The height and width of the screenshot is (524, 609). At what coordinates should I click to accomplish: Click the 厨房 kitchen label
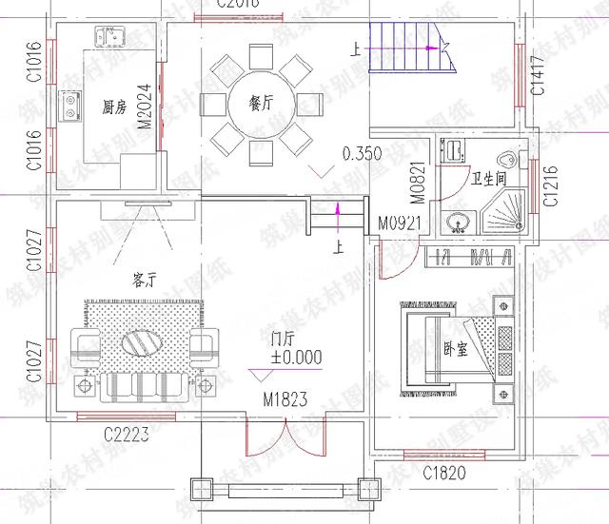(114, 107)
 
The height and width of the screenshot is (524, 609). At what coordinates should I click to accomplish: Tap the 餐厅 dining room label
(260, 104)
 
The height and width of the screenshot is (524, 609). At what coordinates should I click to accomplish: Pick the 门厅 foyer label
(283, 339)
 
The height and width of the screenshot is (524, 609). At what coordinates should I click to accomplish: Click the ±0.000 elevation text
(295, 358)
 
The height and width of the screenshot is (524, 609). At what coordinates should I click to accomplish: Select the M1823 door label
(286, 399)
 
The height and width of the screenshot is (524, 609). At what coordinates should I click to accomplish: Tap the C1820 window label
(444, 472)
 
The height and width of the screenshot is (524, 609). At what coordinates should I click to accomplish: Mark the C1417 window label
(539, 76)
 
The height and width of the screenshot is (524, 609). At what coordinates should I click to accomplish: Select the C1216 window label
(549, 185)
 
